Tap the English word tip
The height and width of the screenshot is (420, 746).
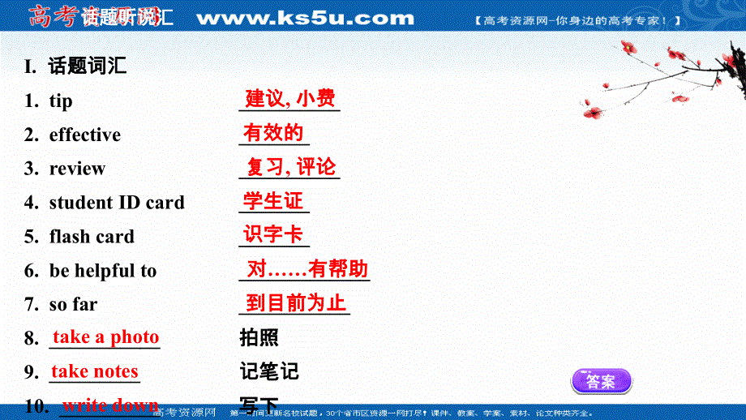pos(61,101)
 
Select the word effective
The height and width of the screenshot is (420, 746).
pos(85,135)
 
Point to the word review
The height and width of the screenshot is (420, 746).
pos(77,169)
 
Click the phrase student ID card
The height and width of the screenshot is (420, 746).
pos(117,203)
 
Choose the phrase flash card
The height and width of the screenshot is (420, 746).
pos(92,238)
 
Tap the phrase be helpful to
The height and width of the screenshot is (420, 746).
pos(103,272)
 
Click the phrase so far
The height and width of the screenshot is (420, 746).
pos(73,305)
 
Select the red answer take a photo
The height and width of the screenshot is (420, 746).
pos(105,337)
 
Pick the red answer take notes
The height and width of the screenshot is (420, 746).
pos(95,371)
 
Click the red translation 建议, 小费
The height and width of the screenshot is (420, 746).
pos(290,99)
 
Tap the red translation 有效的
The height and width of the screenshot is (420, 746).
pos(273,132)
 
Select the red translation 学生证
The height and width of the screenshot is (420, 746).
pos(273,200)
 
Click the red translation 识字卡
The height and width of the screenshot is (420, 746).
pos(273,235)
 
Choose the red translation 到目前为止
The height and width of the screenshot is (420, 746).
pos(296,303)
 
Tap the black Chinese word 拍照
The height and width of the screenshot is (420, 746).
pos(259,338)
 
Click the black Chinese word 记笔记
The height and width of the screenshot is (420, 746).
pos(269,372)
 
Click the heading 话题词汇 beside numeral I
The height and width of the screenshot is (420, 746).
pos(88,66)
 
